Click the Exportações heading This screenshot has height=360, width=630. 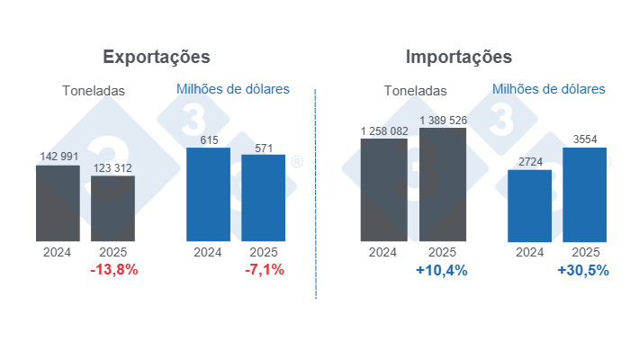point(157,57)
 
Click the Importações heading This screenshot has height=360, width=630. point(459,57)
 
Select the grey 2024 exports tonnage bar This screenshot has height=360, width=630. point(58,203)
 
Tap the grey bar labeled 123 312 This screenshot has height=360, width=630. point(112,209)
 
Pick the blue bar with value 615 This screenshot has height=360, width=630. point(208,194)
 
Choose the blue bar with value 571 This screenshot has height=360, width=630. point(263,198)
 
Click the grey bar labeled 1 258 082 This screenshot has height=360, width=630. point(383,190)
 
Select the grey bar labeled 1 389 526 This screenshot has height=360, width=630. point(443,184)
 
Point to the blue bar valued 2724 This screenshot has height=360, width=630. point(529,205)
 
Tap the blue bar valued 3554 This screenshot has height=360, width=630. point(585,194)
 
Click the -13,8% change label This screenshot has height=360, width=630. point(114,270)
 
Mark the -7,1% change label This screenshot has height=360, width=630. point(265,270)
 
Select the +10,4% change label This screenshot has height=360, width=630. point(442,270)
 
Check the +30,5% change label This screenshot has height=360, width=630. point(583,270)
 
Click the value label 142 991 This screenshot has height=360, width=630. point(58,157)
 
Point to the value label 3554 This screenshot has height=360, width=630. point(585,139)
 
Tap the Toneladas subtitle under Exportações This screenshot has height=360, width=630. point(94,90)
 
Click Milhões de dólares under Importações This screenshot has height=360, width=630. point(549,89)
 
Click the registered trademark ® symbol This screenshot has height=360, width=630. point(296,162)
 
